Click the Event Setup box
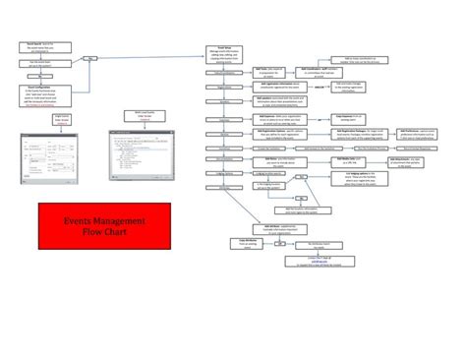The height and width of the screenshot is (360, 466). (221, 52)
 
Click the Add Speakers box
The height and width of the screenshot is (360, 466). (280, 100)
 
